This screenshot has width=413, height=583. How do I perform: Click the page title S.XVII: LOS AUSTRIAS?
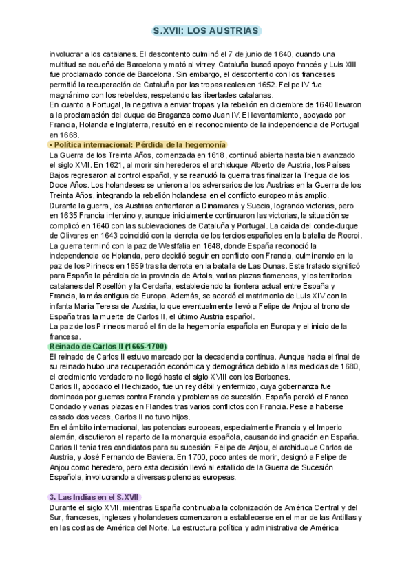pyautogui.click(x=206, y=31)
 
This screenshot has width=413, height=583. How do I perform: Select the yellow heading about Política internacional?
pyautogui.click(x=138, y=145)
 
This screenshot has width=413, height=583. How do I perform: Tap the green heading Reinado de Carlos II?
pyautogui.click(x=108, y=345)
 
